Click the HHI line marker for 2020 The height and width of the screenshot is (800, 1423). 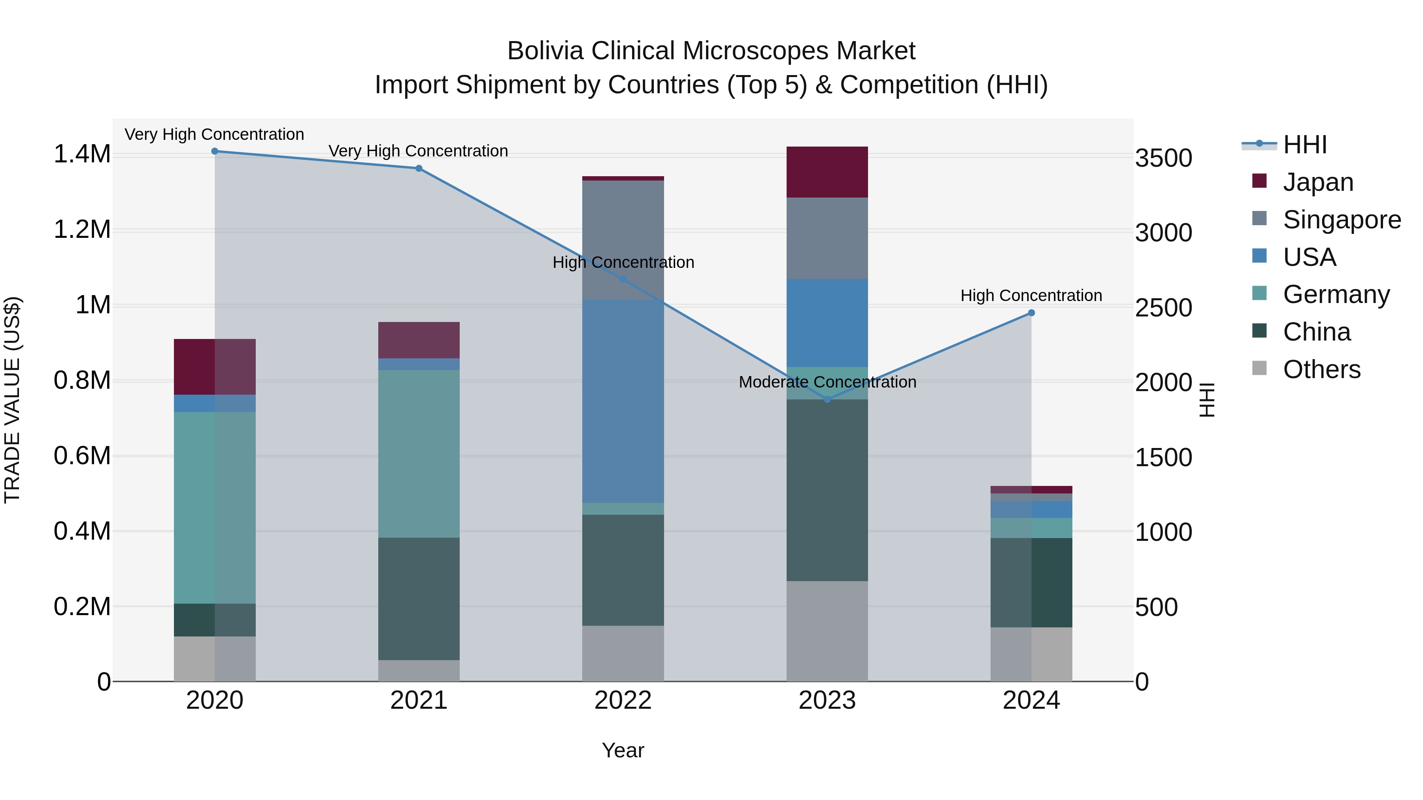[215, 151]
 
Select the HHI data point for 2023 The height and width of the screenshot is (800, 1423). [827, 399]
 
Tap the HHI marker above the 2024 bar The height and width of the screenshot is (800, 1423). [1031, 313]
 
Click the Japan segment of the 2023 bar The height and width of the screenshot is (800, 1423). [827, 172]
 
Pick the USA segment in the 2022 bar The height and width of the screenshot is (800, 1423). [623, 401]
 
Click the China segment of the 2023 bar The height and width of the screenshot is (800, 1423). [827, 490]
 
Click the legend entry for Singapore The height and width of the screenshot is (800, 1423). [1341, 220]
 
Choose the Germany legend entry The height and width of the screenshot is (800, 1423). [1336, 294]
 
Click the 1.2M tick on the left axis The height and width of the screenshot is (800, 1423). [82, 229]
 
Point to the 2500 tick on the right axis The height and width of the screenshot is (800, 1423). [1163, 308]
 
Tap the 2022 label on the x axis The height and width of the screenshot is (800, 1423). [623, 700]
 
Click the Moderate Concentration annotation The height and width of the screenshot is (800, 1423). [827, 382]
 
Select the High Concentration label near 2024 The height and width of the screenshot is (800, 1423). [1031, 296]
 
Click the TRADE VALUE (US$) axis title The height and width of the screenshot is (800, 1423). [13, 400]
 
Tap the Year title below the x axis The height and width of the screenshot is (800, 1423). [623, 750]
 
